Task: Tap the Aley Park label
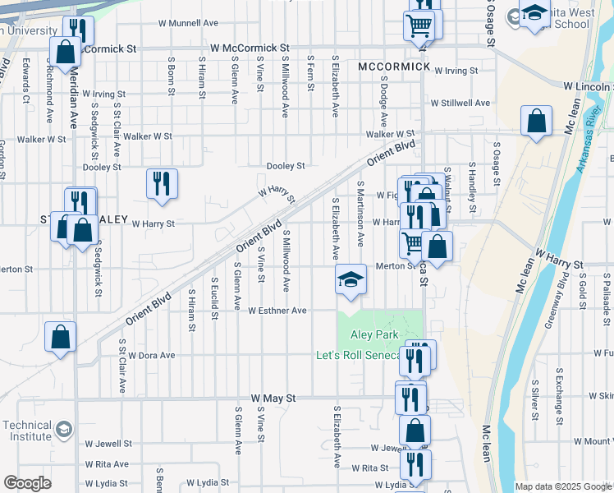point(375,334)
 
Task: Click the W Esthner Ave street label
point(277,311)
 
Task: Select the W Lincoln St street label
point(587,85)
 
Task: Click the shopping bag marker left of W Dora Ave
point(60,337)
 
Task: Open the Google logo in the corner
point(27,484)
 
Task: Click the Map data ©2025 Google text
point(563,486)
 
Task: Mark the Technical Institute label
point(27,431)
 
